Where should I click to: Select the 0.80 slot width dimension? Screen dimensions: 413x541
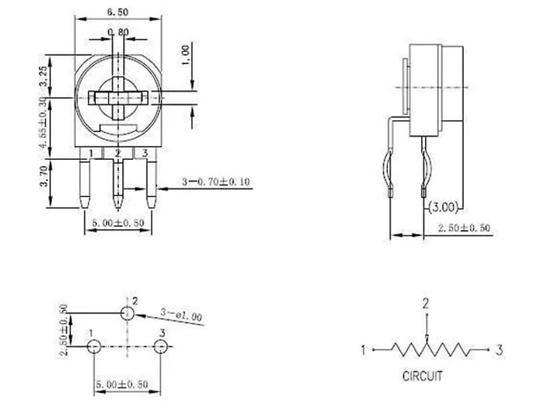118,32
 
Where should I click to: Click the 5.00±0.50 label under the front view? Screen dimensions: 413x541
117,223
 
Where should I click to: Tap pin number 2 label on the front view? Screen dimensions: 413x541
117,154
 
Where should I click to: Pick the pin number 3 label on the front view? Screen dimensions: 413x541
145,154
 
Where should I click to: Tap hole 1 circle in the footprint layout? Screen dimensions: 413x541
93,347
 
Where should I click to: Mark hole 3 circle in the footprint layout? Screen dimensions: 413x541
160,347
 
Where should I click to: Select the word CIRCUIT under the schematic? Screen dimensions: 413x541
422,377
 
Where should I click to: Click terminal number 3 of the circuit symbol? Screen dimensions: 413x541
499,350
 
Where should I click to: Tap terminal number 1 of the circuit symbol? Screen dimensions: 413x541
363,350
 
